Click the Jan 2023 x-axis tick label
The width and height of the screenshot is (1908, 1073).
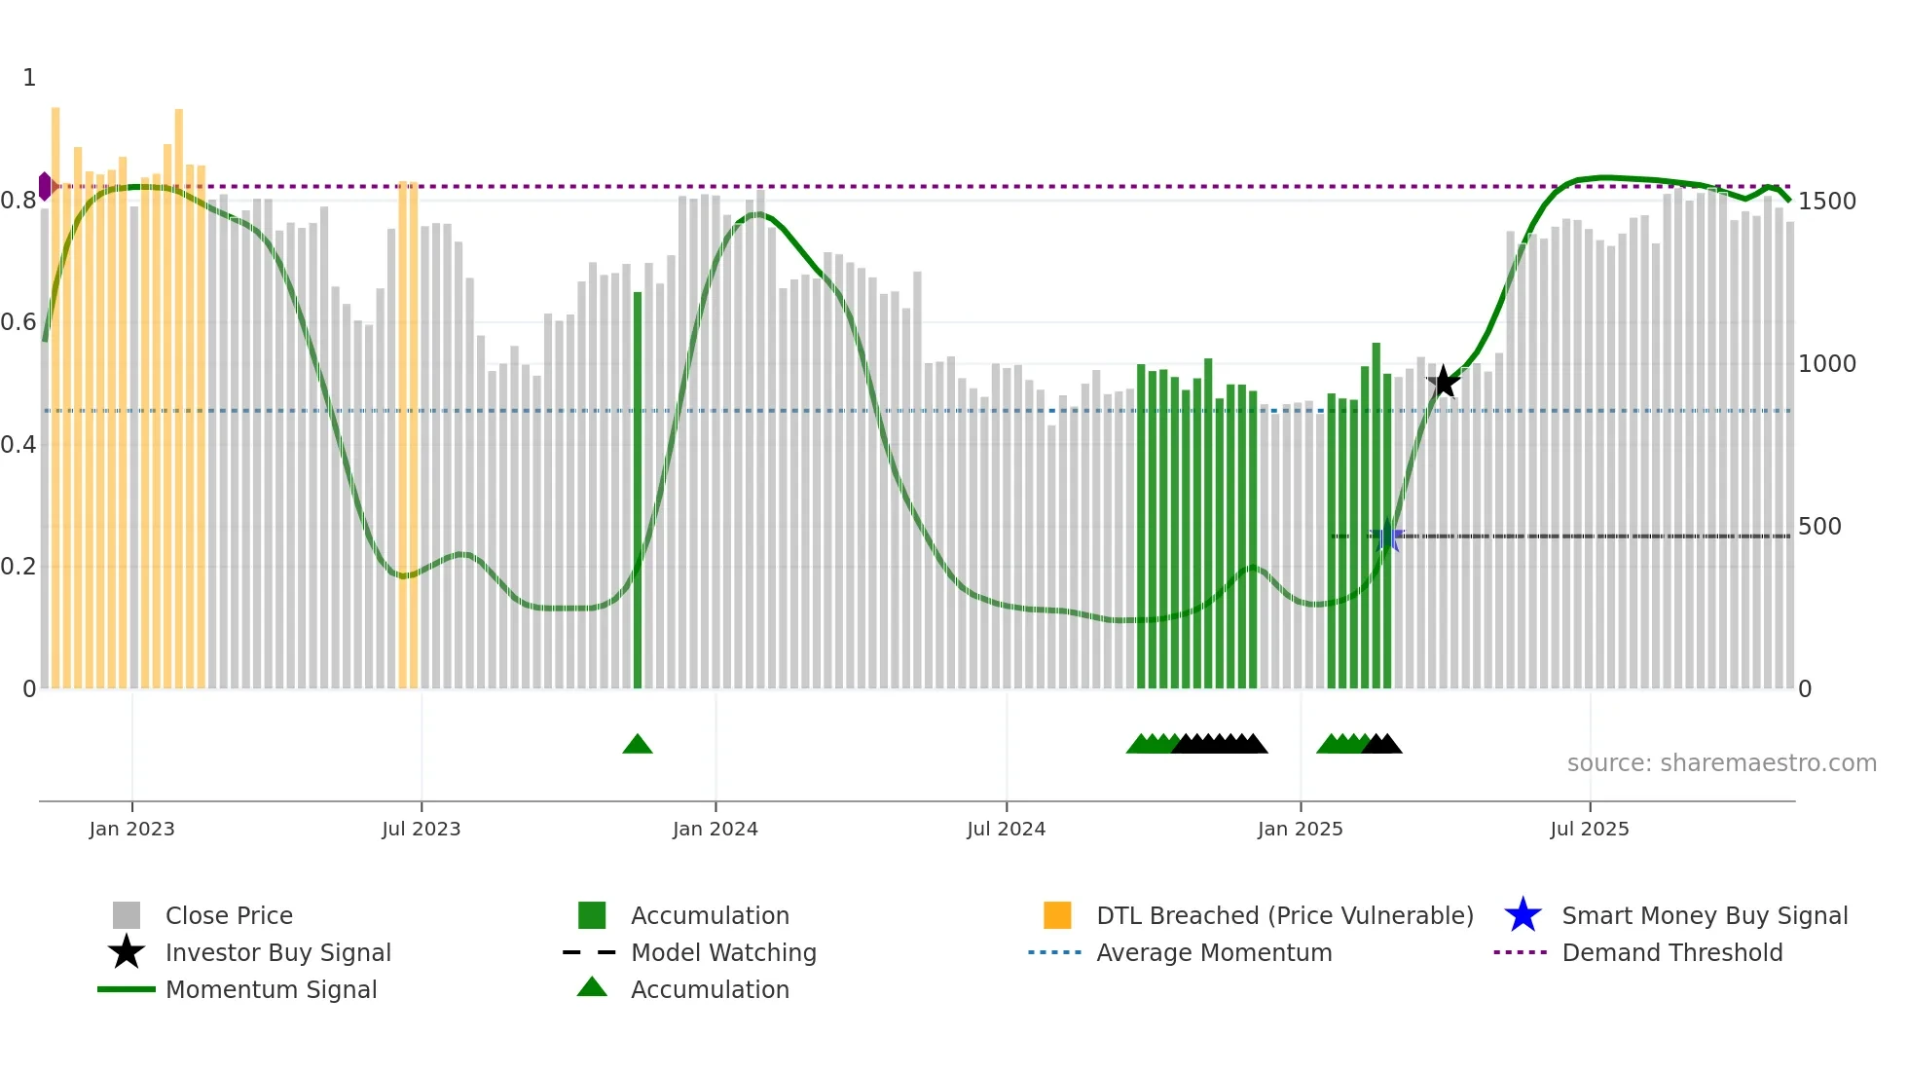(x=131, y=829)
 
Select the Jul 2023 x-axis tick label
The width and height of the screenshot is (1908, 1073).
(x=421, y=829)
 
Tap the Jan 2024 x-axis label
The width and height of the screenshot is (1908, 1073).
(x=715, y=829)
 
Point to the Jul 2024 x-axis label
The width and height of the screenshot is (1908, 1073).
(x=1006, y=829)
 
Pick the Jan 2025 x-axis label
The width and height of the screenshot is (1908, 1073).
(x=1300, y=829)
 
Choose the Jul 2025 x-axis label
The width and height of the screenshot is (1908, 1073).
(x=1589, y=829)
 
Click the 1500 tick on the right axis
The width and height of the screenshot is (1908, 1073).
(x=1827, y=202)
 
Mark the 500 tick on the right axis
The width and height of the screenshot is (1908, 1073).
(x=1819, y=527)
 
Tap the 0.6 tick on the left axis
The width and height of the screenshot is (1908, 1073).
(x=18, y=322)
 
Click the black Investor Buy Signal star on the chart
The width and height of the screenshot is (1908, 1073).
(x=1444, y=383)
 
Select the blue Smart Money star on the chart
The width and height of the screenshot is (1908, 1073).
(x=1387, y=536)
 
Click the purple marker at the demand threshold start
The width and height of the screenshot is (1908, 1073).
(x=45, y=186)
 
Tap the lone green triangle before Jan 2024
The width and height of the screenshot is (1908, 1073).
(x=638, y=745)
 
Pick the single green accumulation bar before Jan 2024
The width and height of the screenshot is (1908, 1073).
(x=638, y=487)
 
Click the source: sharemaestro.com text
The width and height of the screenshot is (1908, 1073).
(x=1721, y=763)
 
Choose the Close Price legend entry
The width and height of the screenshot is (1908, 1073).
(x=229, y=916)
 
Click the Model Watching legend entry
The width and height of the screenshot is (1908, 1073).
(x=723, y=953)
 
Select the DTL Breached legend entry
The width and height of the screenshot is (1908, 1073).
(x=1284, y=916)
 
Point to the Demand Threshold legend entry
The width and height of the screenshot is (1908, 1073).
(x=1671, y=953)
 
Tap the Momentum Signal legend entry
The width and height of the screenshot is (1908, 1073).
(x=271, y=990)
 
